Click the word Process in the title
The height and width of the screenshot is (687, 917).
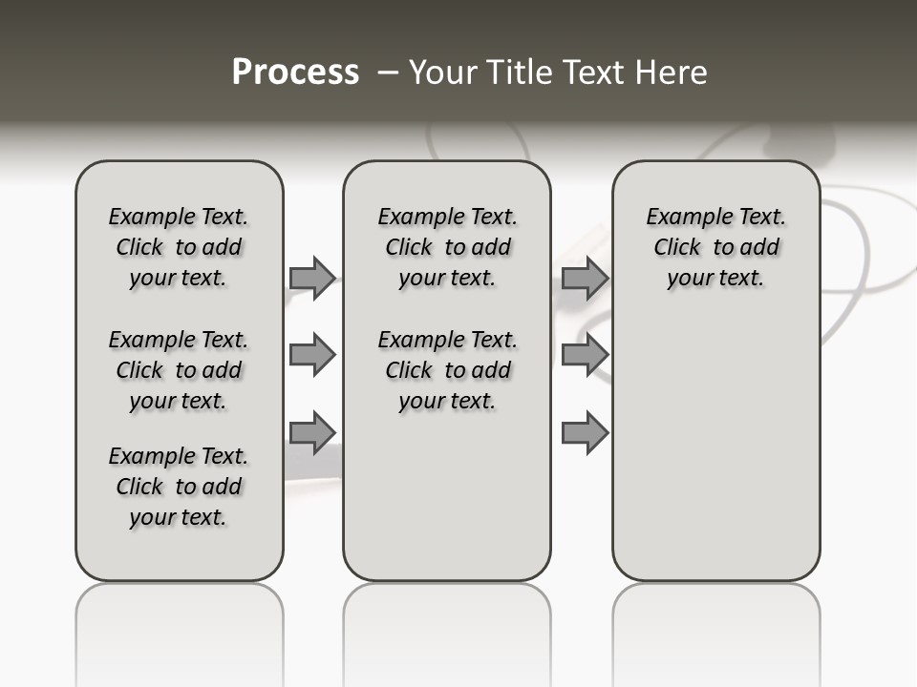[295, 73]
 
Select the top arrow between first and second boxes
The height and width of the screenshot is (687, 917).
[311, 278]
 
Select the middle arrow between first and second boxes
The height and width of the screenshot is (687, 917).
[311, 355]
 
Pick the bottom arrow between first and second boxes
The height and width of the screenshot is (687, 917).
[311, 432]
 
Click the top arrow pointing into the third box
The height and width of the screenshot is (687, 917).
[585, 278]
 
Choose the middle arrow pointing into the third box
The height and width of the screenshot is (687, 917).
[585, 355]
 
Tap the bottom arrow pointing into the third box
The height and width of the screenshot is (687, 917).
[585, 432]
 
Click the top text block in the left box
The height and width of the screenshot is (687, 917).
[179, 247]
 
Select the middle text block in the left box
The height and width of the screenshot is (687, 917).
[179, 370]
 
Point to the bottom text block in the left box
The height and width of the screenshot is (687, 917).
[179, 487]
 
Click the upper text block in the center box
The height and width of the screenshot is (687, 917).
[447, 247]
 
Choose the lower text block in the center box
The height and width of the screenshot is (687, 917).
[447, 370]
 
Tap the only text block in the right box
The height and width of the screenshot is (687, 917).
[715, 247]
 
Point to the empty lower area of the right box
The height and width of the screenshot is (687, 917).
[715, 439]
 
